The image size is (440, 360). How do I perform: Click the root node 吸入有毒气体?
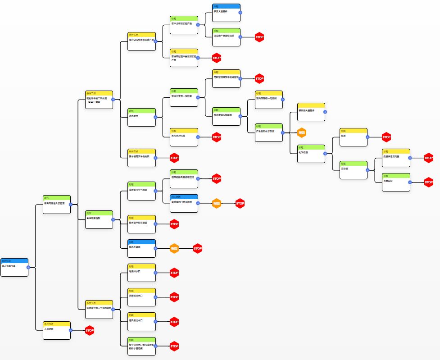(x=14, y=267)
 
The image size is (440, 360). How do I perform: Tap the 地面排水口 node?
(x=142, y=273)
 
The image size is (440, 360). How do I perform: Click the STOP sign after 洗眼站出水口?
(x=174, y=297)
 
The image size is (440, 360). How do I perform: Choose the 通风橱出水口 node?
(x=142, y=321)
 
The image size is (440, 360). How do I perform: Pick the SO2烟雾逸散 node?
(x=99, y=219)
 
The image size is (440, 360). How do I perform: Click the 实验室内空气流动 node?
(x=142, y=191)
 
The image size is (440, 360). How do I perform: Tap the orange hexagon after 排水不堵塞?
(x=174, y=248)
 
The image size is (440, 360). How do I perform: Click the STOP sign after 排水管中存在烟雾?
(x=174, y=223)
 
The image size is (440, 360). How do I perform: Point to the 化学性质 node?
(x=311, y=154)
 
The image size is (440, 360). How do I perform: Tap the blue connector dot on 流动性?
(x=367, y=170)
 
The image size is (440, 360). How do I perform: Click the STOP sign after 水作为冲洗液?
(x=217, y=137)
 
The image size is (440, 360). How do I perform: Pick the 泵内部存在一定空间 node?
(x=268, y=100)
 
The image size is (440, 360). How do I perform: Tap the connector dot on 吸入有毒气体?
(x=28, y=267)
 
